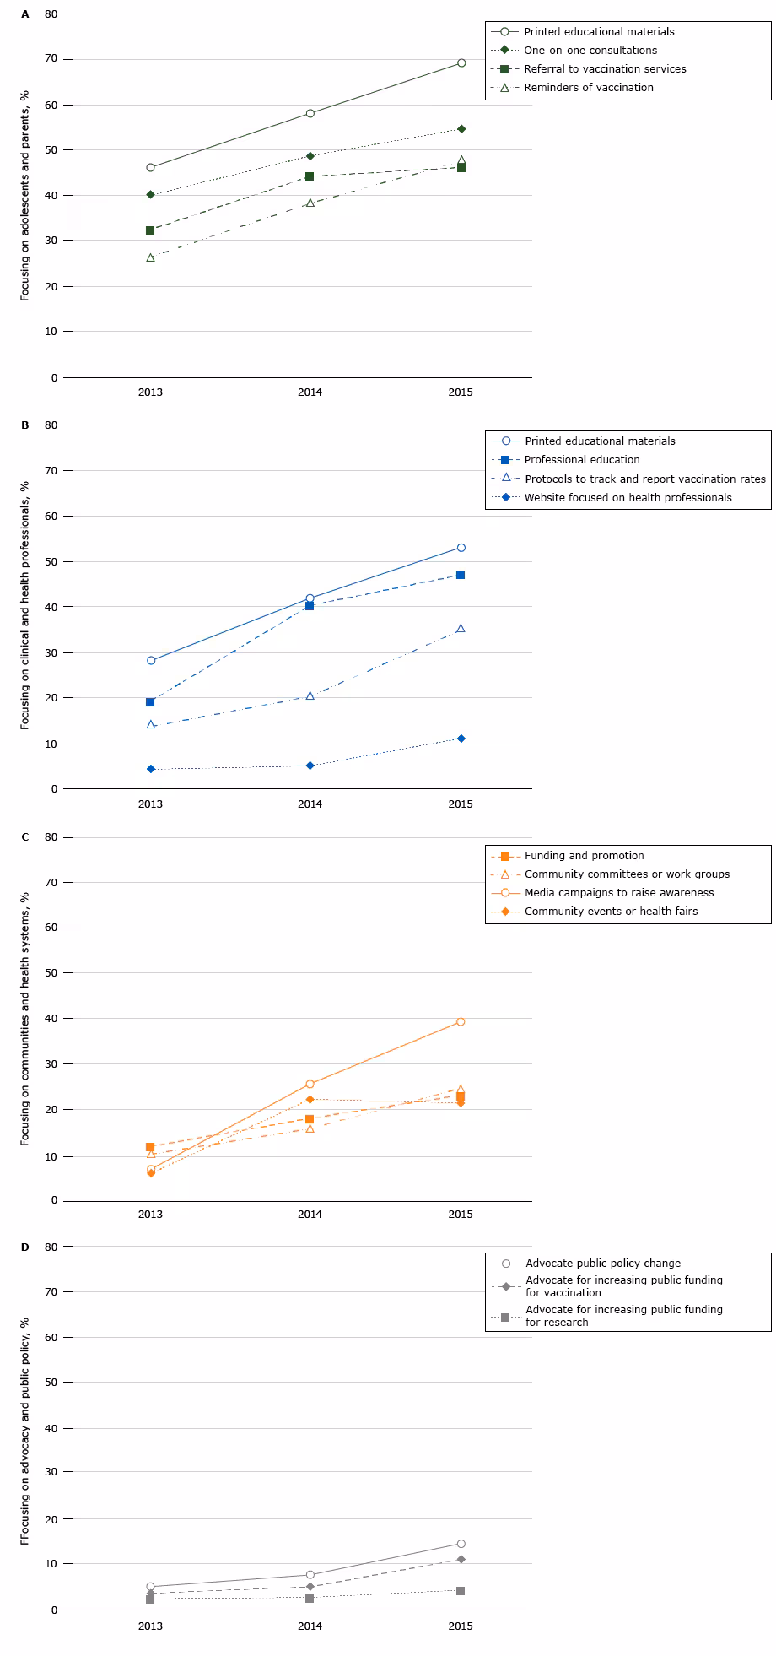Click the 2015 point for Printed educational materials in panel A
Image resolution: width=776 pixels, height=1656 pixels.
(x=461, y=62)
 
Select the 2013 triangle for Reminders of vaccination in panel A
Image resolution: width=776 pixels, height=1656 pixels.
(x=150, y=257)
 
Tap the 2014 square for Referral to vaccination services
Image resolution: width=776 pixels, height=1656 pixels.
(x=310, y=176)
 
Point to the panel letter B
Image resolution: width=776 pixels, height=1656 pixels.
(x=25, y=425)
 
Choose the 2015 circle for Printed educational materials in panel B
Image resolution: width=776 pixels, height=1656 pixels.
(x=461, y=548)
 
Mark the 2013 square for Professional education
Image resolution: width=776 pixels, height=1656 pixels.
(x=150, y=702)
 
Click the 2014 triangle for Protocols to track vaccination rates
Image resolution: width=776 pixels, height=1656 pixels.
(x=310, y=696)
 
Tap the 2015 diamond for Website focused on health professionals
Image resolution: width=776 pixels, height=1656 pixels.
(x=461, y=739)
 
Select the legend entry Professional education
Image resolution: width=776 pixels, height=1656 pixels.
(x=582, y=460)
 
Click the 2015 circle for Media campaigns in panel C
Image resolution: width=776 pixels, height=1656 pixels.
(x=461, y=1022)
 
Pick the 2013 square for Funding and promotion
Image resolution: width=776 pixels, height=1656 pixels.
(x=150, y=1147)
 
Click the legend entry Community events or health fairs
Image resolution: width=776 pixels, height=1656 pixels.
(x=611, y=912)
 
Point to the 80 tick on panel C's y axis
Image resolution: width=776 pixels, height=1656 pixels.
(x=51, y=837)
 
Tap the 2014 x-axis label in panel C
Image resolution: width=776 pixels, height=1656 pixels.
(x=310, y=1215)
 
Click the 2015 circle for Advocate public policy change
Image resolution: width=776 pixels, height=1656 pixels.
(x=461, y=1544)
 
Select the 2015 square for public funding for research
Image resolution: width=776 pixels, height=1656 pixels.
(x=461, y=1591)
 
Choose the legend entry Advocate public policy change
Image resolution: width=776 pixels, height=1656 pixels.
(x=602, y=1264)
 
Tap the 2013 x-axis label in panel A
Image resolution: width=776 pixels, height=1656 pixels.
(x=150, y=392)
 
